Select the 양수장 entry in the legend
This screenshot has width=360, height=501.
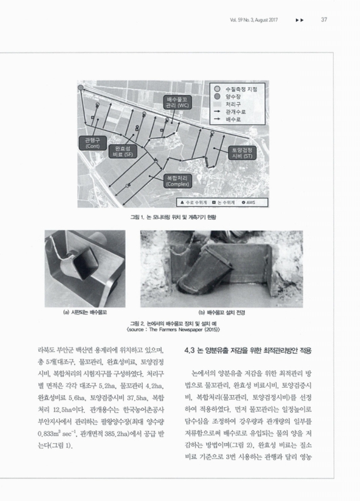pyautogui.click(x=234, y=97)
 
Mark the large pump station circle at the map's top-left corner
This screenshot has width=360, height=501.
pyautogui.click(x=81, y=88)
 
